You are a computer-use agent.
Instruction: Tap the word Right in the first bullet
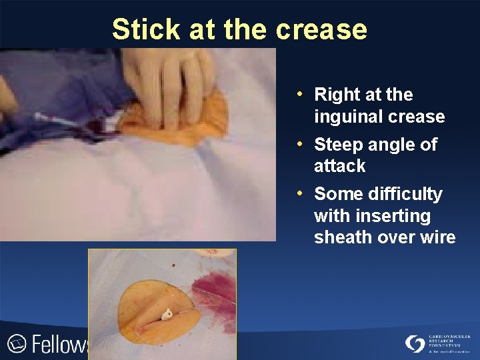336,95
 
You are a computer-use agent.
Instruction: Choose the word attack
339,166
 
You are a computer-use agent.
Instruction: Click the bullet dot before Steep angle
301,143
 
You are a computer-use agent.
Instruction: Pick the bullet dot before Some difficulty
301,193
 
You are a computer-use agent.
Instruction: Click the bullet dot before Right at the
301,93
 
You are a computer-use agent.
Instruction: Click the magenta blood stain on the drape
212,287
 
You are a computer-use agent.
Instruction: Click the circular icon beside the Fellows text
16,343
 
